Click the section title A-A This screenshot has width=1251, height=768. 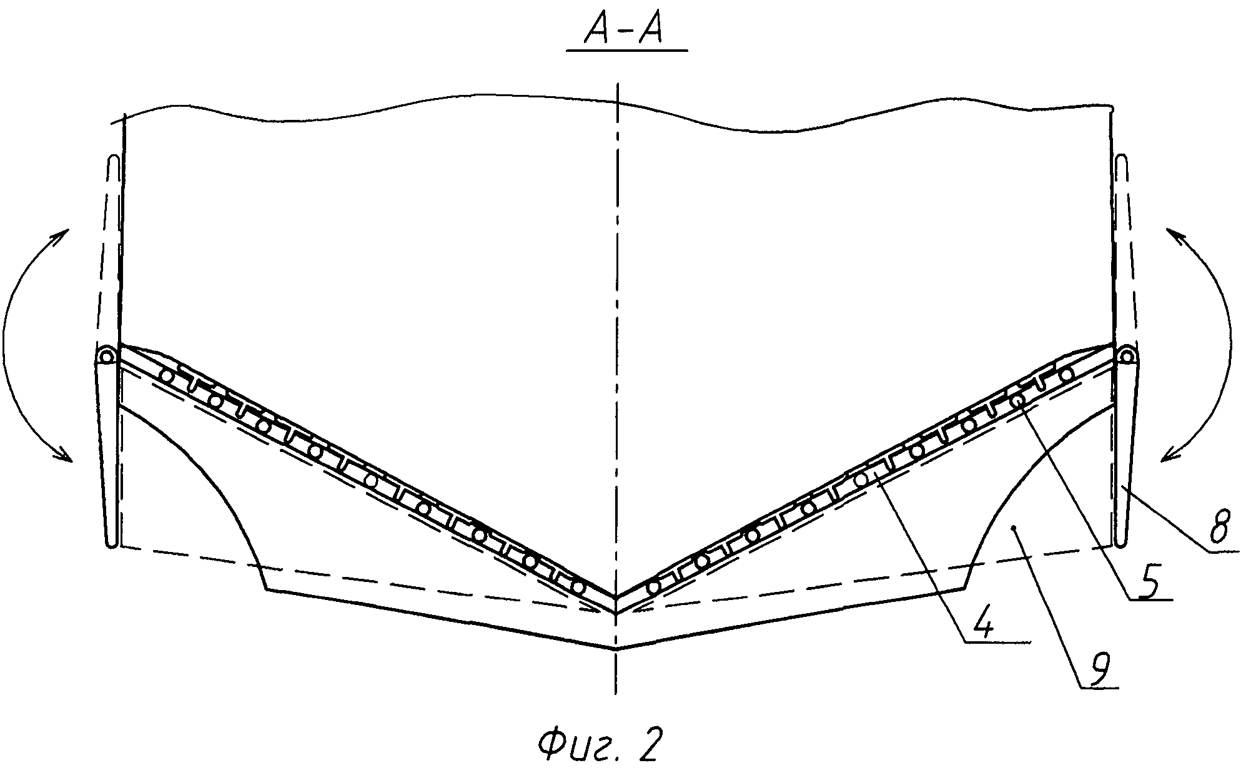click(x=626, y=32)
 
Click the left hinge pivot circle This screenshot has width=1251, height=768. click(x=107, y=358)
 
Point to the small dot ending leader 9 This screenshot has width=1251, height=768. click(x=1016, y=528)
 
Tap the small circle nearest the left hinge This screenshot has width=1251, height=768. click(x=167, y=376)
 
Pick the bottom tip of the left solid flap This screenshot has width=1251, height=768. click(x=111, y=544)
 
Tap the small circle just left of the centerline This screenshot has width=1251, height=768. click(x=578, y=588)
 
